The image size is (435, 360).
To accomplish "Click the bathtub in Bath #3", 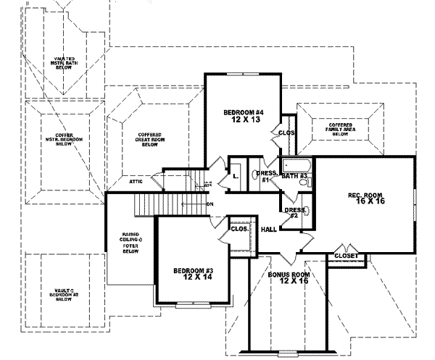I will pyautogui.click(x=295, y=164).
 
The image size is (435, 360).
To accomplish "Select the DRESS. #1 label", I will pyautogui.click(x=264, y=176).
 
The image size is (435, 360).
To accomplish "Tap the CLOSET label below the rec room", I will pyautogui.click(x=345, y=256).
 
